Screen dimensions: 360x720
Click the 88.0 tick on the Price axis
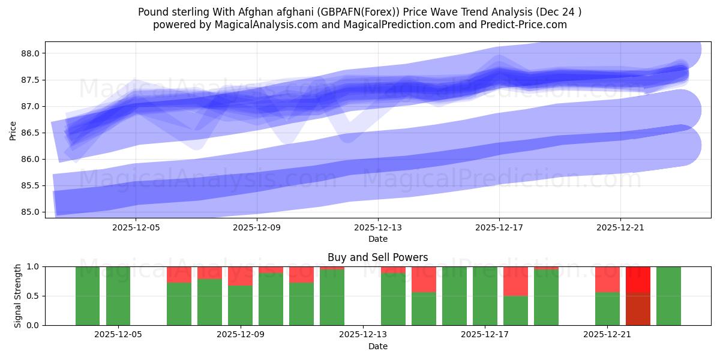pos(31,53)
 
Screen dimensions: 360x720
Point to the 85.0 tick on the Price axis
pos(31,212)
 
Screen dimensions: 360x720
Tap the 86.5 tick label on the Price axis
pos(31,133)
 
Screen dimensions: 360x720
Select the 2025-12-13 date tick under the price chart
pos(378,227)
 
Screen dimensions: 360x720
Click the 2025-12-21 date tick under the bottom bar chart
pos(607,335)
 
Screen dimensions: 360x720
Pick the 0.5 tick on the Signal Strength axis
pos(34,296)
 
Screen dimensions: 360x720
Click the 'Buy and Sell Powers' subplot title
pos(378,257)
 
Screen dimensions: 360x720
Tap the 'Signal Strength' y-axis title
pos(18,296)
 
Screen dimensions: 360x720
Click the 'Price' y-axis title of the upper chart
pos(13,130)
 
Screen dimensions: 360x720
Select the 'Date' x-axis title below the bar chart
pos(378,346)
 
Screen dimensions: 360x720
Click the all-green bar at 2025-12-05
pos(118,296)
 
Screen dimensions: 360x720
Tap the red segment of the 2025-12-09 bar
pos(241,276)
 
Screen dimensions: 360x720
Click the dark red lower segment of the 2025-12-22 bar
pos(638,309)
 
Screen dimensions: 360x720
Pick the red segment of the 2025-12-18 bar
pos(515,281)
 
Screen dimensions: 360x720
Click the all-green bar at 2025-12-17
pos(485,296)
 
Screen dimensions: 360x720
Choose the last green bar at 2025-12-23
pos(668,296)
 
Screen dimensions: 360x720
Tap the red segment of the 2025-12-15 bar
pos(424,279)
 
